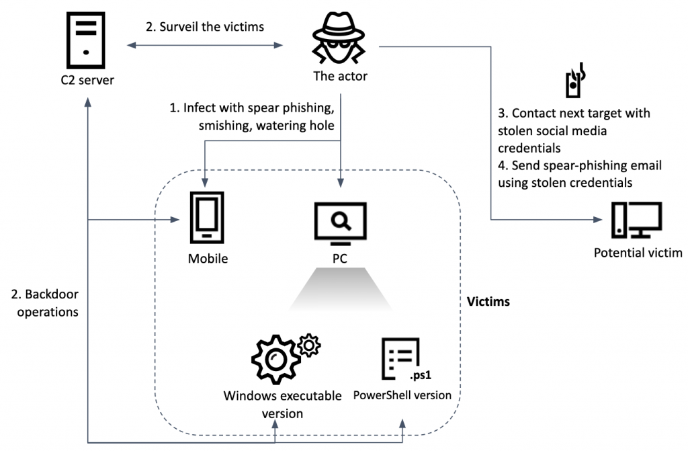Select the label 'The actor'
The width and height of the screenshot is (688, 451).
[x=340, y=76]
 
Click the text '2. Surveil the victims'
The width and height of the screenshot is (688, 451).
[x=205, y=28]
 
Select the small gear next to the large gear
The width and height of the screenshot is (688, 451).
[x=309, y=345]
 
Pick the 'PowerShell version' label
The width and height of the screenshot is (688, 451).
[x=402, y=395]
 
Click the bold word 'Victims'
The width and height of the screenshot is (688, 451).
[x=488, y=302]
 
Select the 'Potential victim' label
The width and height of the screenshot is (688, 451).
[x=638, y=253]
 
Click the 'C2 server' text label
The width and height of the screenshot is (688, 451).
[x=85, y=81]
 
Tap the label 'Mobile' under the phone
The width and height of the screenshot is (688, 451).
[x=208, y=258]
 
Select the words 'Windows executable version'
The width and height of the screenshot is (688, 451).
[x=282, y=404]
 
